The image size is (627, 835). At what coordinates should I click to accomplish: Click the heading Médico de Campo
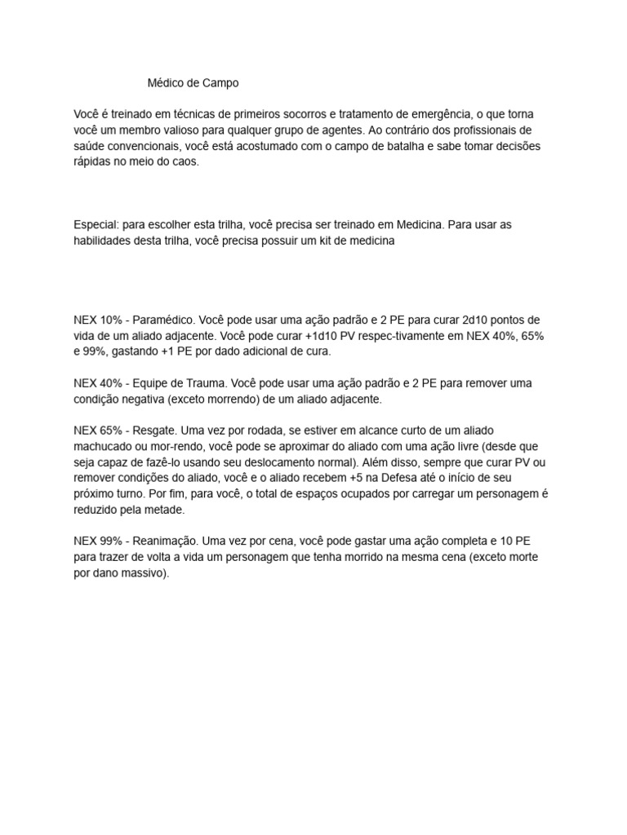(194, 83)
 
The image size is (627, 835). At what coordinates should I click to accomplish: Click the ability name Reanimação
(163, 541)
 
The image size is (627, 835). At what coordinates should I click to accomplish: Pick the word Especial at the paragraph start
(95, 224)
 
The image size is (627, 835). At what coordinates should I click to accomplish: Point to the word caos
(184, 162)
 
